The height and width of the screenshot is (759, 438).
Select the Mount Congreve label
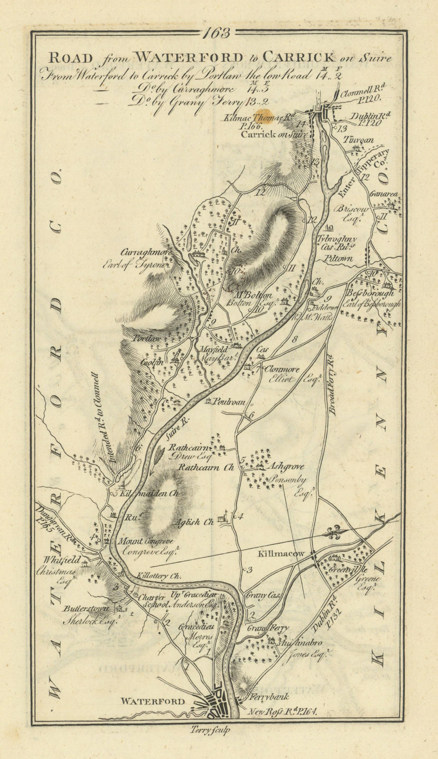click(x=145, y=541)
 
